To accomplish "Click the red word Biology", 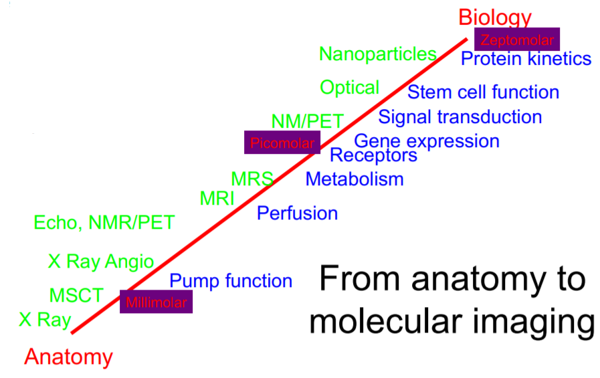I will click(495, 17).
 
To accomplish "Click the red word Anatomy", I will click(69, 357).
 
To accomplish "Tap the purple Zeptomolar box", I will click(516, 39).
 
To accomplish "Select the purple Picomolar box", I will click(282, 142).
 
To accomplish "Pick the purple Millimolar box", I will click(156, 302).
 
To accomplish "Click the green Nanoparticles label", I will click(378, 54).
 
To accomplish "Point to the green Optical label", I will click(349, 88).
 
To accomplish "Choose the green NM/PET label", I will click(308, 121).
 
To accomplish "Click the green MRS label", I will click(252, 179).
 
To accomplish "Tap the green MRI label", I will click(217, 198).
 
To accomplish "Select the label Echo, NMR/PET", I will click(104, 222).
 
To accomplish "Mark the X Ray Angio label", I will click(101, 262).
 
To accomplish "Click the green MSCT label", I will click(76, 294).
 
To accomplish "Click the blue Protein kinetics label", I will click(526, 59).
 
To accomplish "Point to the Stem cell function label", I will click(483, 92).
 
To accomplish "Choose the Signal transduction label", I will click(460, 117).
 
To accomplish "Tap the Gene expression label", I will click(426, 141).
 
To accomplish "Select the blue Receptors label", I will click(373, 156).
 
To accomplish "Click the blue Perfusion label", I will click(297, 213).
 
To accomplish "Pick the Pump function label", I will click(231, 281).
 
